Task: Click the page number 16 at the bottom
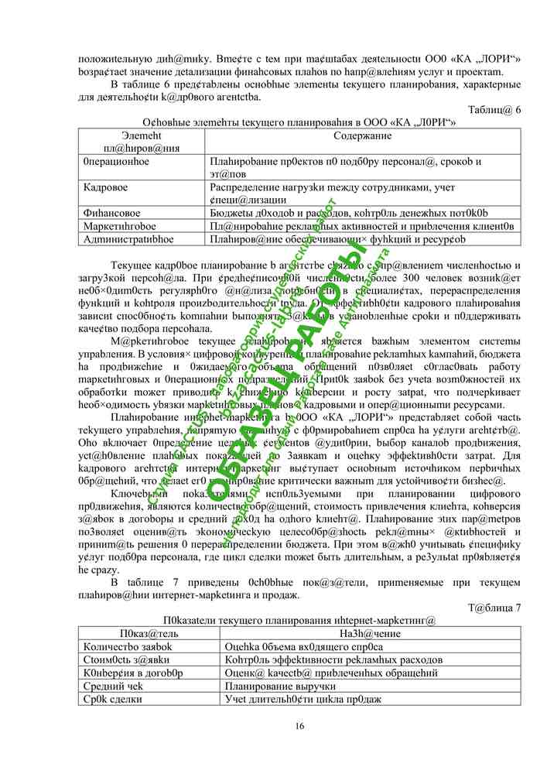click(x=299, y=725)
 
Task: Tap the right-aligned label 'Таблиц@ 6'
click(x=495, y=109)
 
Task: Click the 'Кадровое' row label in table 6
click(x=106, y=187)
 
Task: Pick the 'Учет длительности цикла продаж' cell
click(x=303, y=699)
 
